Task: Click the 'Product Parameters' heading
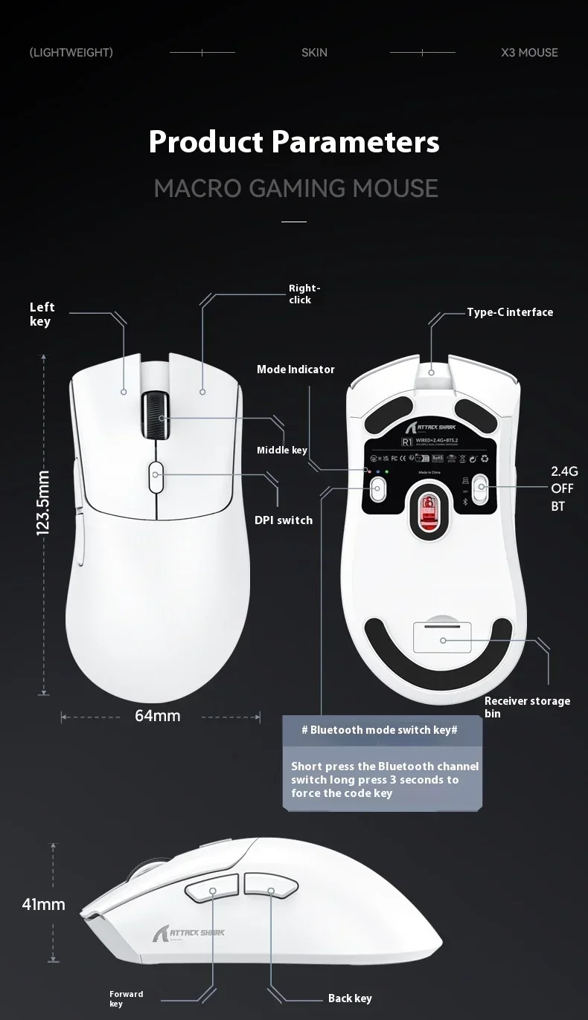click(294, 141)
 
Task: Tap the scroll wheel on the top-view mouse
click(156, 418)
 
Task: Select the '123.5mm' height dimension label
click(44, 503)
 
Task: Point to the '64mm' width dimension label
click(158, 716)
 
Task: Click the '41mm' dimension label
click(44, 905)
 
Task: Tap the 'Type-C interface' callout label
click(510, 312)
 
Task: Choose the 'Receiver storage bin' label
click(527, 707)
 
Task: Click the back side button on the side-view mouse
click(270, 887)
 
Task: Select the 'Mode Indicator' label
click(295, 369)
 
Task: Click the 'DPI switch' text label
click(284, 520)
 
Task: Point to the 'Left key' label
click(42, 314)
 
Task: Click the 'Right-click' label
click(304, 294)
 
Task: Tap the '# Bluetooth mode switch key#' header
click(380, 730)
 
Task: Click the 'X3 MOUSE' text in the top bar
click(529, 53)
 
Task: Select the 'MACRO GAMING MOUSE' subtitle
click(295, 188)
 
